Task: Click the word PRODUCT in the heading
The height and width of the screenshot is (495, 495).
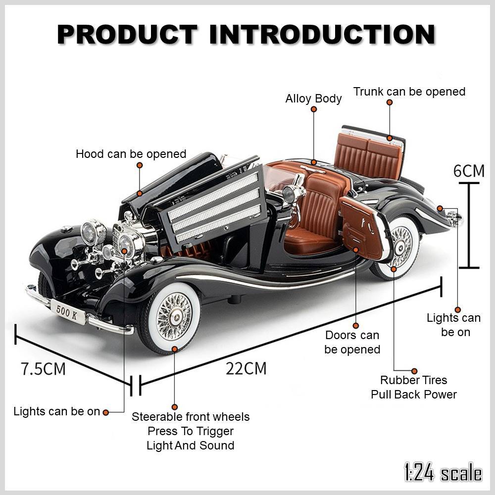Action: (128, 34)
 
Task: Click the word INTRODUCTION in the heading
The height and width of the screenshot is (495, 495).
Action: (322, 34)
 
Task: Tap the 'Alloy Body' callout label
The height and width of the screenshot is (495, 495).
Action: (313, 99)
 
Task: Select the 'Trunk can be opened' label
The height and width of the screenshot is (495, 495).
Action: (409, 92)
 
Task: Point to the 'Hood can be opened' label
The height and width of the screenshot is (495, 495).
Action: (131, 154)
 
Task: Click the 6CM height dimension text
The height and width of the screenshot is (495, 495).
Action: (469, 171)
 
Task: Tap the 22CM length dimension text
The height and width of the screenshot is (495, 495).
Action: (247, 369)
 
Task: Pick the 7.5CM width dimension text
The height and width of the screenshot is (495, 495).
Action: (43, 369)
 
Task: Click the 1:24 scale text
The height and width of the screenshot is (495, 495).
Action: (442, 473)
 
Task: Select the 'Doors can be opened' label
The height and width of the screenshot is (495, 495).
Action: (352, 343)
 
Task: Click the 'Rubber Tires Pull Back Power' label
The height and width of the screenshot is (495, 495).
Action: (414, 387)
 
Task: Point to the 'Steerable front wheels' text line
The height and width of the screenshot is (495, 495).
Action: (191, 417)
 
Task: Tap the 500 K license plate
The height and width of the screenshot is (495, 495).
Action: (67, 312)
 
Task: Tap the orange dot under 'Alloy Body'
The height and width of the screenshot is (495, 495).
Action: (314, 162)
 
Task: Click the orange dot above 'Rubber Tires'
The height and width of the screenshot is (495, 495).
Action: (414, 371)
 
